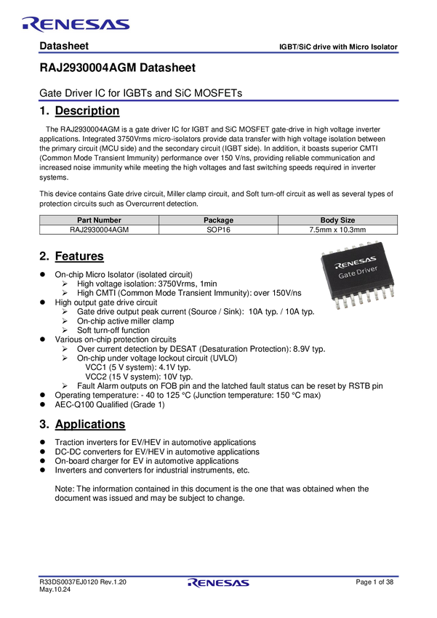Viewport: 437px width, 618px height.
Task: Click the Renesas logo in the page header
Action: coord(76,25)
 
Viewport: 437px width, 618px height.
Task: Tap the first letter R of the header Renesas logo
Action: coord(30,25)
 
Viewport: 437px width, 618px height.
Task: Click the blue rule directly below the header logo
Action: coord(218,52)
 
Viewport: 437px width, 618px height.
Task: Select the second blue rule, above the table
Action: coord(218,100)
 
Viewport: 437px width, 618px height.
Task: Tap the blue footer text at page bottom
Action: coord(218,583)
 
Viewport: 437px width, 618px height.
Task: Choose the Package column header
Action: coord(218,220)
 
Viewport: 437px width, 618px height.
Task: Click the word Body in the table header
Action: coord(329,220)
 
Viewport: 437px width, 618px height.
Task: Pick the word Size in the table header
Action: coord(347,220)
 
